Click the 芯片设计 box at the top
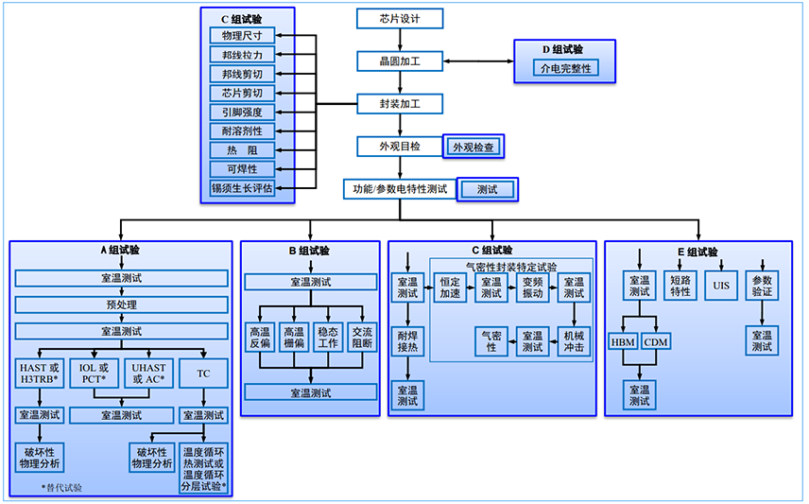point(400,19)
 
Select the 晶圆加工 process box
point(400,61)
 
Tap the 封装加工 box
point(400,104)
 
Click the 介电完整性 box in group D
point(565,68)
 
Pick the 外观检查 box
point(474,148)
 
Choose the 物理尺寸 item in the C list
point(242,35)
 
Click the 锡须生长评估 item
point(242,188)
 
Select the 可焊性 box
point(242,169)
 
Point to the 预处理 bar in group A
point(121,304)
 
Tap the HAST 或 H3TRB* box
point(39,373)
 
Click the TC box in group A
point(203,373)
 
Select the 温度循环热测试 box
point(203,469)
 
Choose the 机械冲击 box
point(573,341)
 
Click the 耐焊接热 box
point(407,341)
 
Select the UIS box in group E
point(722,286)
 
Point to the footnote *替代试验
point(62,488)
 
